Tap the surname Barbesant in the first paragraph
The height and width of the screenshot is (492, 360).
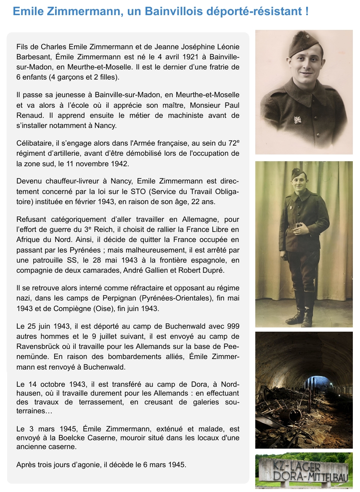coord(34,57)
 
